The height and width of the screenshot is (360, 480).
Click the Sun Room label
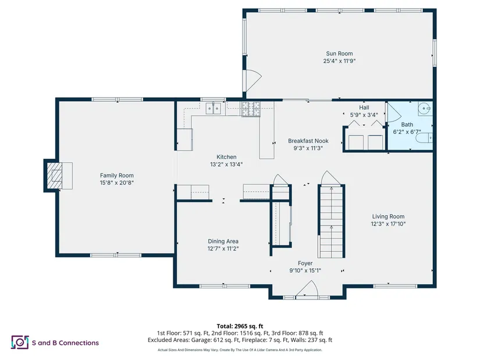(x=339, y=54)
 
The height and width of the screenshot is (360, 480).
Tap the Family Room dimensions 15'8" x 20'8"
(x=116, y=183)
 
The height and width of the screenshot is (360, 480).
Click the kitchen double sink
(x=214, y=108)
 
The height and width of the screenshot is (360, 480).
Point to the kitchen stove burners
(x=251, y=109)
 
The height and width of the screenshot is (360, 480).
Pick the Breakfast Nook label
(x=308, y=141)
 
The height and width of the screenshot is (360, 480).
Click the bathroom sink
(x=425, y=109)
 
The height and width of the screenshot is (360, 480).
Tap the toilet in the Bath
(x=424, y=138)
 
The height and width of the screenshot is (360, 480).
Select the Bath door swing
(x=394, y=113)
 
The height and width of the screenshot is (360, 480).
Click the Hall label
(x=364, y=108)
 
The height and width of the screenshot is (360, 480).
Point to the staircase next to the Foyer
(x=331, y=222)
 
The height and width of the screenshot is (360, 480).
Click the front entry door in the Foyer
(x=307, y=289)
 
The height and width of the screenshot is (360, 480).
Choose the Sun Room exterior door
(x=253, y=80)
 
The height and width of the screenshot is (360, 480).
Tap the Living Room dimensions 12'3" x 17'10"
(x=388, y=224)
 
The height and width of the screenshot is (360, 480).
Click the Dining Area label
(x=223, y=241)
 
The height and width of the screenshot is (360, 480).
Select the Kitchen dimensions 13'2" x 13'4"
(x=226, y=165)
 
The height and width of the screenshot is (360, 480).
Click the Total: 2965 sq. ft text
(x=240, y=326)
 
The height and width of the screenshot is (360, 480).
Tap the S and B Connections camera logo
(x=20, y=342)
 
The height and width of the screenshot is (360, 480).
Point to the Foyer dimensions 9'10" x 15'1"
(x=305, y=270)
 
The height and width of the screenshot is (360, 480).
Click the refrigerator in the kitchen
(x=185, y=139)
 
